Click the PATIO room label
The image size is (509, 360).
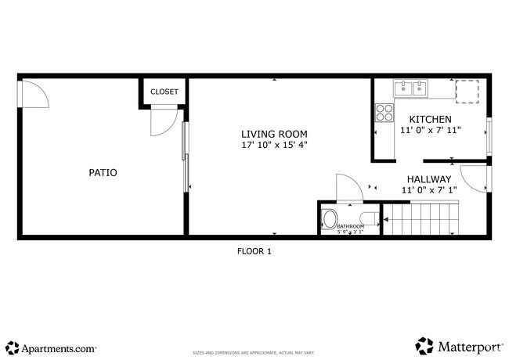[103, 172]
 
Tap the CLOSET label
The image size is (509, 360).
[164, 92]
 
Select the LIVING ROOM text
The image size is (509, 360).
[273, 134]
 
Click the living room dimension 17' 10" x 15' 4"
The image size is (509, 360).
[273, 145]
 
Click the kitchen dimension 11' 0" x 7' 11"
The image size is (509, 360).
[430, 130]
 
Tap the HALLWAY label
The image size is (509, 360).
[428, 178]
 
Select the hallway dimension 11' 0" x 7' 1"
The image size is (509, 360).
[428, 190]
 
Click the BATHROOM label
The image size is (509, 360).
[350, 226]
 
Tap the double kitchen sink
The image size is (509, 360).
[411, 88]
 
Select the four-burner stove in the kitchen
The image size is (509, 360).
[384, 113]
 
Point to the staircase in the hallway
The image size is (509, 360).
[423, 218]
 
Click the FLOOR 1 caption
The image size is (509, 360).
[254, 251]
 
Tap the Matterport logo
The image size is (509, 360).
[458, 346]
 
